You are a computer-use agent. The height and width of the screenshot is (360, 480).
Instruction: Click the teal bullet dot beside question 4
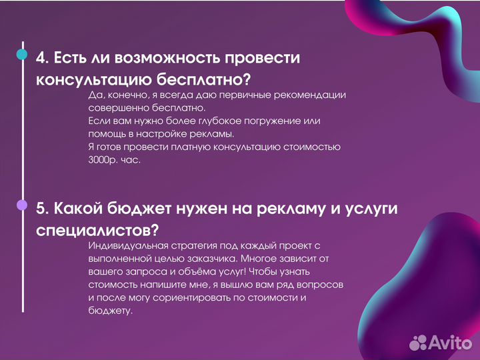(23, 55)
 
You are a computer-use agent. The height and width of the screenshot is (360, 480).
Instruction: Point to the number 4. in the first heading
(43, 58)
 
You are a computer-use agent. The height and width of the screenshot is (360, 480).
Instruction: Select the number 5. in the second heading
(43, 209)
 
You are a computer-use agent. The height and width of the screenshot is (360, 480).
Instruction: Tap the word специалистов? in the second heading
(97, 230)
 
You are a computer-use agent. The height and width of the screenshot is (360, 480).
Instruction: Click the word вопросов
(323, 284)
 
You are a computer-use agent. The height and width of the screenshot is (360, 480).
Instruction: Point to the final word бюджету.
(110, 311)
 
